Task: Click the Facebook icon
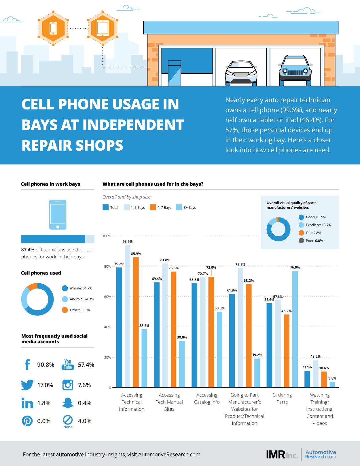point(27,365)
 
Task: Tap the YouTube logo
point(68,365)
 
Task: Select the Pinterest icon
point(27,421)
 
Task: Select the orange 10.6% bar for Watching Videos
point(324,380)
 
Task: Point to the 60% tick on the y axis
point(107,297)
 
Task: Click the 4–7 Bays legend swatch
point(153,207)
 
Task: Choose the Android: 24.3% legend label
point(82,299)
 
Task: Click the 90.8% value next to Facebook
point(46,365)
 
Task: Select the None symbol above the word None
point(68,420)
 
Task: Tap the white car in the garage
point(241,73)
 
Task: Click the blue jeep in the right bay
point(295,71)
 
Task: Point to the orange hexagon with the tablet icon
point(103,28)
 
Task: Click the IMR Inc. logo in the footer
point(282,454)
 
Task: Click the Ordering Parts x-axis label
point(282,399)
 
